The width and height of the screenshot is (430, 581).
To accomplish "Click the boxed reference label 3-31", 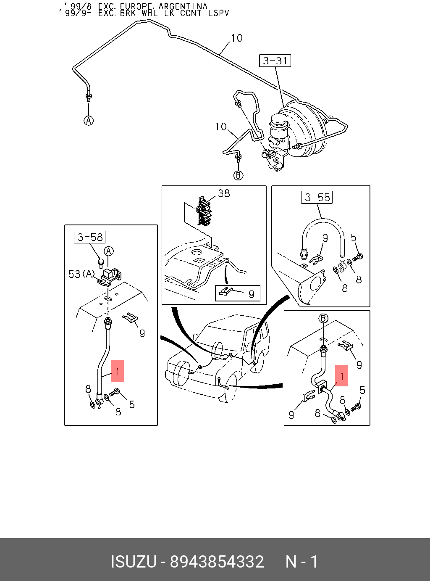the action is [x=275, y=61].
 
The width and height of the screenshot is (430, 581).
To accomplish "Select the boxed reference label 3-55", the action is [x=317, y=197].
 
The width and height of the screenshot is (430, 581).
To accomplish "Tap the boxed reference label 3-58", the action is [x=90, y=237].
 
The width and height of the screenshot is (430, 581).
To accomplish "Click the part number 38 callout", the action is [x=224, y=193].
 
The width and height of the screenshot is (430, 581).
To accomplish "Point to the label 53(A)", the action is [x=82, y=274].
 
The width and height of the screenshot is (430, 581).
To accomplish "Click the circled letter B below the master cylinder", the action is [x=239, y=175].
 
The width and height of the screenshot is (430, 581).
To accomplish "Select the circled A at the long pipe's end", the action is [x=89, y=121].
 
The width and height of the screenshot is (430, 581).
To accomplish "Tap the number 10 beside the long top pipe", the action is [x=236, y=38].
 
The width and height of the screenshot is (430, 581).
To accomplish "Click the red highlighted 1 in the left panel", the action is [x=118, y=371].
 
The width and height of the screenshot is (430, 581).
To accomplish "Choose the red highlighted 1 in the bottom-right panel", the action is [x=342, y=375].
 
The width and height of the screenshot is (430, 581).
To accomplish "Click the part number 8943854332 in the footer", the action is [x=217, y=562].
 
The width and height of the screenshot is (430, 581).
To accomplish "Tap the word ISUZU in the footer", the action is [x=133, y=562].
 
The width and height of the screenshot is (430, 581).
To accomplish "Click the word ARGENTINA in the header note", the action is [x=183, y=6].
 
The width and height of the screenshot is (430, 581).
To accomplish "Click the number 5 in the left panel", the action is [x=132, y=404].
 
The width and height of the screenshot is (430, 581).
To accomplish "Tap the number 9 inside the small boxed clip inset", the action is [x=251, y=294].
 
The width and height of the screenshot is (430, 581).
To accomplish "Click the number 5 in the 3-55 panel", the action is [x=354, y=238].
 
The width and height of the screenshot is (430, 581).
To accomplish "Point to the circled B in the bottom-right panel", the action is [x=323, y=318].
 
